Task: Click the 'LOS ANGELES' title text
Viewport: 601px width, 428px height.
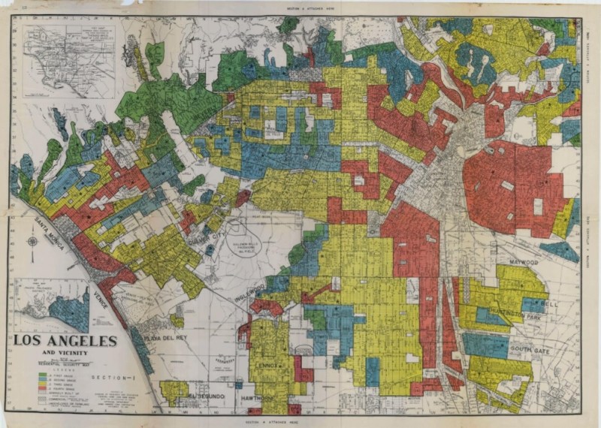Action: click(x=65, y=340)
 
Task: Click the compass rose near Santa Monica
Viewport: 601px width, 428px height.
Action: click(x=32, y=241)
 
